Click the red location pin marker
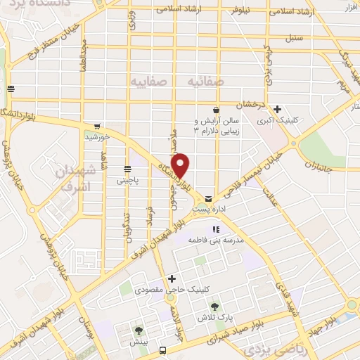182,165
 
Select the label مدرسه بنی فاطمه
215,240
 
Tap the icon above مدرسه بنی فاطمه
215,229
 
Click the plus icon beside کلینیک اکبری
278,109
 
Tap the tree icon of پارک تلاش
216,306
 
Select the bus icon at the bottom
163,349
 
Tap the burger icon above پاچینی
127,169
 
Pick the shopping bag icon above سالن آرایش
223,111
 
